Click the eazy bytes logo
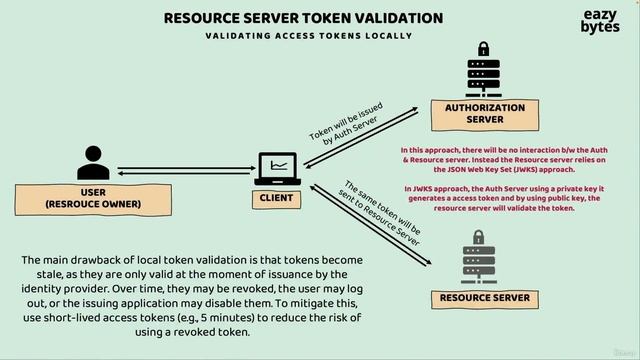tap(600, 22)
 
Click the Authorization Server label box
tap(484, 114)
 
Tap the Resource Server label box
tap(484, 298)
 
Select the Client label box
tap(277, 198)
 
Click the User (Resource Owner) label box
tap(93, 198)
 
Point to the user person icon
tap(93, 162)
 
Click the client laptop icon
tap(277, 168)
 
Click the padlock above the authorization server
tap(484, 49)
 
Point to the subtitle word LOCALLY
tap(385, 36)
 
